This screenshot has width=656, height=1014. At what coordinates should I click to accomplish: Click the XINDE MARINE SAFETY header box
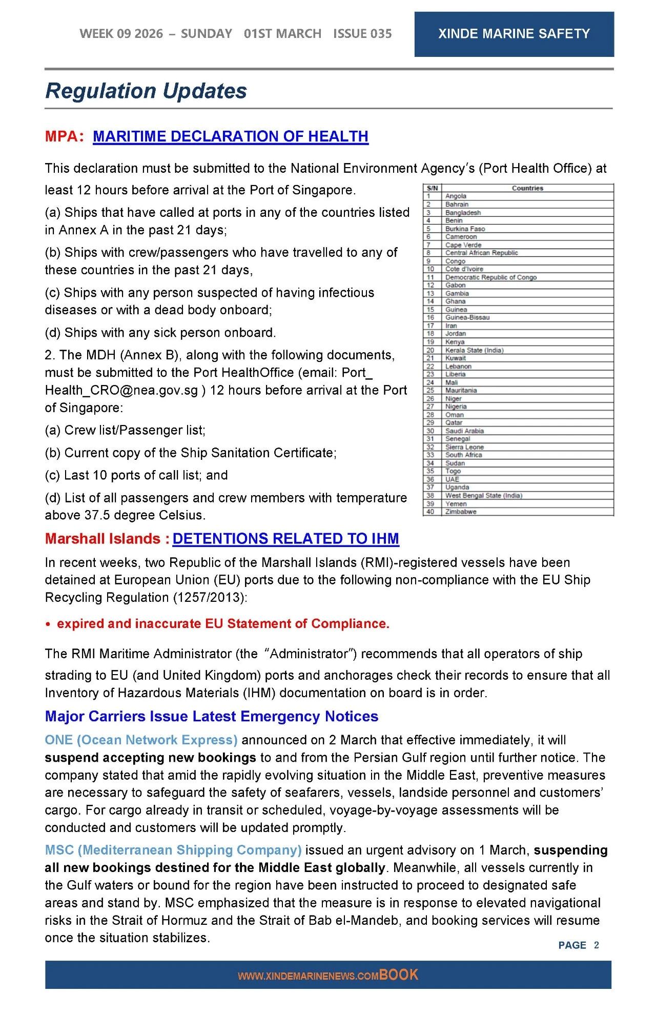coord(514,34)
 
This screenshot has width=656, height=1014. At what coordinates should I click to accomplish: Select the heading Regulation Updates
coord(146,91)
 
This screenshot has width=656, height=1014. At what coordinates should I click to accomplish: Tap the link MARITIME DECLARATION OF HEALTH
coord(231,136)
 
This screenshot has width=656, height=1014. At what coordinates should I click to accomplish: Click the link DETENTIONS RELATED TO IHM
coord(285,539)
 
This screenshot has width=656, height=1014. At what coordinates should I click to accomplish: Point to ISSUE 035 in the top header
coord(362,34)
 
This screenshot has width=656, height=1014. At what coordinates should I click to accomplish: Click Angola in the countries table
coord(456,196)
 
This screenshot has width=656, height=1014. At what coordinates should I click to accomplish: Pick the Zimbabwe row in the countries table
coord(461,512)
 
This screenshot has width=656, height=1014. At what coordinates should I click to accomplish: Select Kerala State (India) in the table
coord(474,350)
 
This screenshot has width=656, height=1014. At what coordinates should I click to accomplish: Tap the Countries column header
coord(527,188)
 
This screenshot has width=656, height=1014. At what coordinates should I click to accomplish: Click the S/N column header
coord(432,188)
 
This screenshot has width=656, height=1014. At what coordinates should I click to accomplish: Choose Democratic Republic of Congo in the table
coord(490,277)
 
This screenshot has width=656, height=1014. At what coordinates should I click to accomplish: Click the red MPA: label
coord(64,136)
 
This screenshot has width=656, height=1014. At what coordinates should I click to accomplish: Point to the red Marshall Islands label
coord(102,539)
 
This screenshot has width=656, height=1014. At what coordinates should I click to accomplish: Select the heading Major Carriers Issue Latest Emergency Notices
coord(211,716)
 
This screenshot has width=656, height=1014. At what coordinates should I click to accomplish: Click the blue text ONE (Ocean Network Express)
coord(141,740)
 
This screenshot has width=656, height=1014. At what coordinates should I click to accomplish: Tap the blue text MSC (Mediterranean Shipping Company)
coord(173,850)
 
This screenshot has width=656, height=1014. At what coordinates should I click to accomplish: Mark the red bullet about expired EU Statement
coord(223,623)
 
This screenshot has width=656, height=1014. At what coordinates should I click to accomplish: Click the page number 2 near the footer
coord(596,945)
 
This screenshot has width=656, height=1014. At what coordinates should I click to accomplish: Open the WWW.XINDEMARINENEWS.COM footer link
coord(307,976)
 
